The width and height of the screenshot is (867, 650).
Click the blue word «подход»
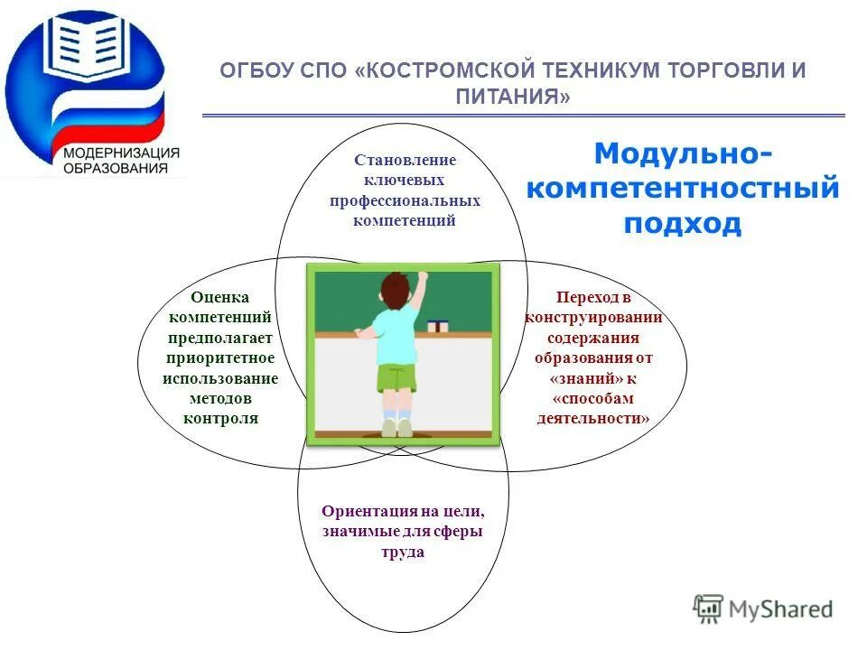click(x=682, y=224)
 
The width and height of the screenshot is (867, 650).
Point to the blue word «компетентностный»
click(x=682, y=189)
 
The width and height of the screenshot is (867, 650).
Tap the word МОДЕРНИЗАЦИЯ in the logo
click(x=121, y=153)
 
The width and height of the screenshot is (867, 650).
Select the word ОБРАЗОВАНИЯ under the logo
click(x=115, y=168)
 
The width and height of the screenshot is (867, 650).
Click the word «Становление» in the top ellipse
click(x=405, y=160)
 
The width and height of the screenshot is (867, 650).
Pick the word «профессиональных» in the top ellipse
click(x=405, y=200)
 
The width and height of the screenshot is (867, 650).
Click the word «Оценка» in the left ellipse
click(x=219, y=297)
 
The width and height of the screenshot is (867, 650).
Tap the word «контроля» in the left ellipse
click(x=220, y=418)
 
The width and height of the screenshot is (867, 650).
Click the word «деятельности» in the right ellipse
click(x=592, y=418)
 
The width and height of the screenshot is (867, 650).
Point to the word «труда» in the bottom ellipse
click(x=403, y=552)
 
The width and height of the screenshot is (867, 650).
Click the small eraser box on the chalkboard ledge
click(x=438, y=324)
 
